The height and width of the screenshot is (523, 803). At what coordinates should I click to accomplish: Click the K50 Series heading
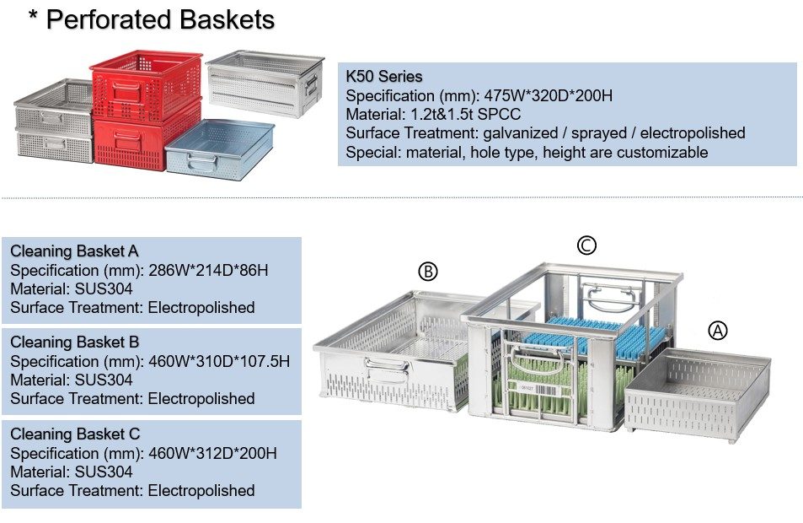click(384, 77)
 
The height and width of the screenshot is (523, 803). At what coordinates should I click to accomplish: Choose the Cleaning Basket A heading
click(75, 251)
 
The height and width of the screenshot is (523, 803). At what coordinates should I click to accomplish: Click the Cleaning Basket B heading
click(75, 342)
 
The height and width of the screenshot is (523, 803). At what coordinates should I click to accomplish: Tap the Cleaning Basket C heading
click(75, 434)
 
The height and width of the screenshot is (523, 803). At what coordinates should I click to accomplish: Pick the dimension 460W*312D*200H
click(211, 453)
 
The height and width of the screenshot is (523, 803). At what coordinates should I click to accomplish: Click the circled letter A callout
click(717, 331)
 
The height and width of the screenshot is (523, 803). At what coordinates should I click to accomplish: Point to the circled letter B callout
click(428, 272)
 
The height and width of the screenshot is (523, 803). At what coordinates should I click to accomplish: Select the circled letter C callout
click(586, 245)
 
